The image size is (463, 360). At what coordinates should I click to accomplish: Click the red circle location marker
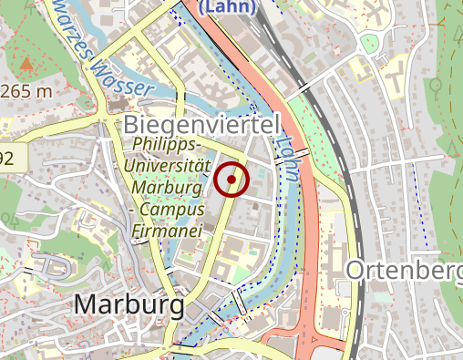pyautogui.click(x=232, y=180)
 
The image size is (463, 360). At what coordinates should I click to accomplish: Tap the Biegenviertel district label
pyautogui.click(x=199, y=125)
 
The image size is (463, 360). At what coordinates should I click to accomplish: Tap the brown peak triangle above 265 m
pyautogui.click(x=26, y=65)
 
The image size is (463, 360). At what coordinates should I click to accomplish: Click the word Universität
pyautogui.click(x=171, y=167)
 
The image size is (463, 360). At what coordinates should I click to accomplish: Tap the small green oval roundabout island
pyautogui.click(x=368, y=43)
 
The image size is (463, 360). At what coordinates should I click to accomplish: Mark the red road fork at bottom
pyautogui.click(x=305, y=345)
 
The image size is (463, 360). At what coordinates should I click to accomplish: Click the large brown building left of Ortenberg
pyautogui.click(x=334, y=255)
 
